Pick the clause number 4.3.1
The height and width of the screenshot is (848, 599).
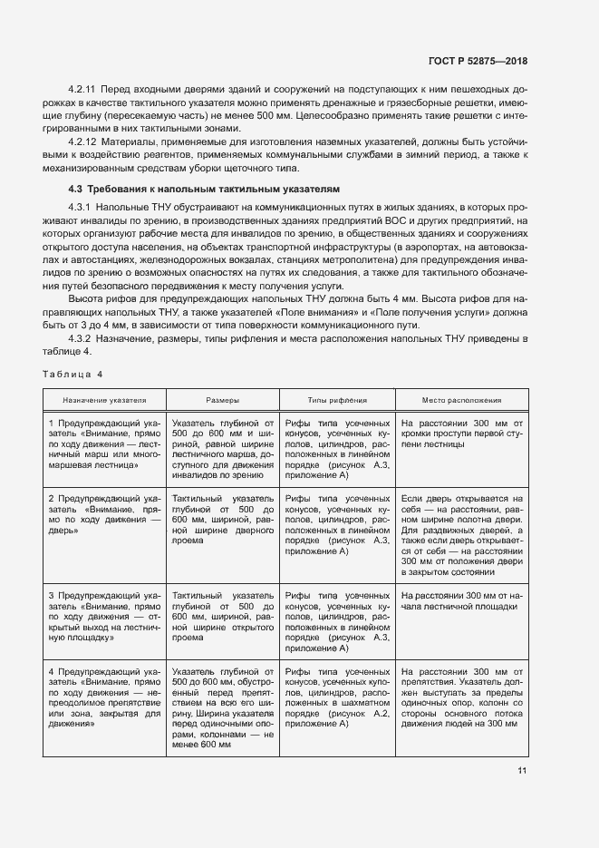click(81, 208)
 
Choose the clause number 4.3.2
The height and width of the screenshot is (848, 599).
click(81, 338)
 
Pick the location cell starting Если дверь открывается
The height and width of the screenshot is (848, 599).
click(462, 535)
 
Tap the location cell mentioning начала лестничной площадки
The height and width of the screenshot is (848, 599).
click(462, 600)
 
